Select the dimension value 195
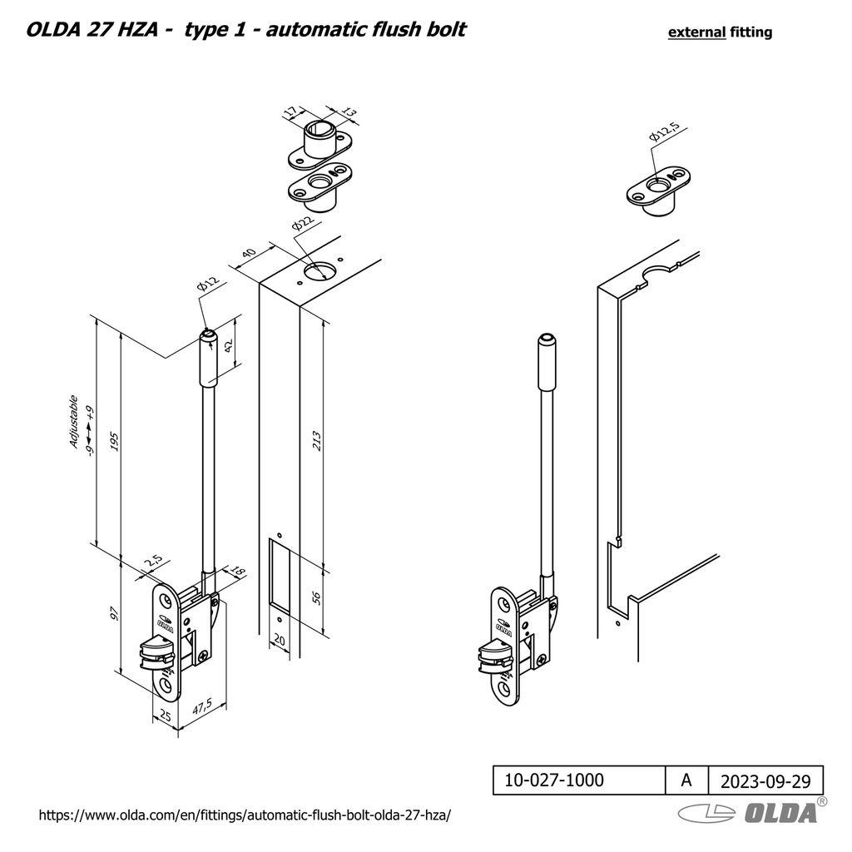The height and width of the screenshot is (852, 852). pos(115,442)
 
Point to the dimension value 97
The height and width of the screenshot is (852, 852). pos(115,614)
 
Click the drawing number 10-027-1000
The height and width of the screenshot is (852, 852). pos(556,780)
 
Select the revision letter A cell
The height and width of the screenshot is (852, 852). pos(686,780)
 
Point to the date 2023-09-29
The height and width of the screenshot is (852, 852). pos(765,780)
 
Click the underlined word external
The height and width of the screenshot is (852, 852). pos(696,32)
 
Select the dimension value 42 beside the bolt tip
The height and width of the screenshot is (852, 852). pos(229,344)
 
